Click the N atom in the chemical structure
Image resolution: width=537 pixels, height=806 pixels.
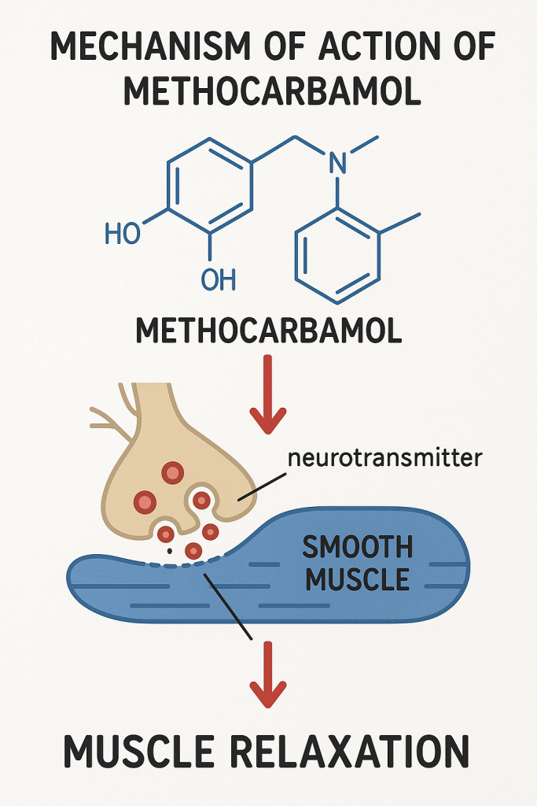pyautogui.click(x=337, y=163)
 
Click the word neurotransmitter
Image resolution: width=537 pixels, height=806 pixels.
pyautogui.click(x=384, y=457)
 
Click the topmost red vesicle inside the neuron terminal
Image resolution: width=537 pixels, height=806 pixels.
pyautogui.click(x=172, y=472)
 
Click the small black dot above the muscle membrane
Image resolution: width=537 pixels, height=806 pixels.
pyautogui.click(x=169, y=551)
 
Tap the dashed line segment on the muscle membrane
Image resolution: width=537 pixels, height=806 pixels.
pyautogui.click(x=189, y=564)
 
